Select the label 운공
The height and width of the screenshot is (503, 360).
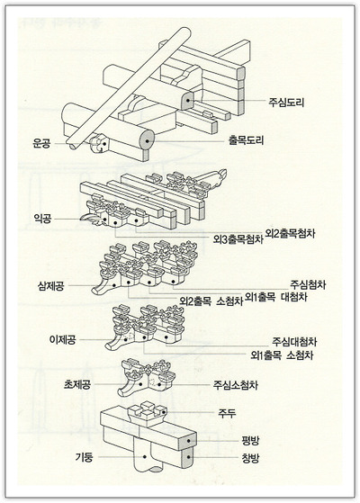(42, 142)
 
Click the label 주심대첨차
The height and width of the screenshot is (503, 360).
(293, 343)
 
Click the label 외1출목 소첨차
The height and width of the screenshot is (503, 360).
(283, 356)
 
